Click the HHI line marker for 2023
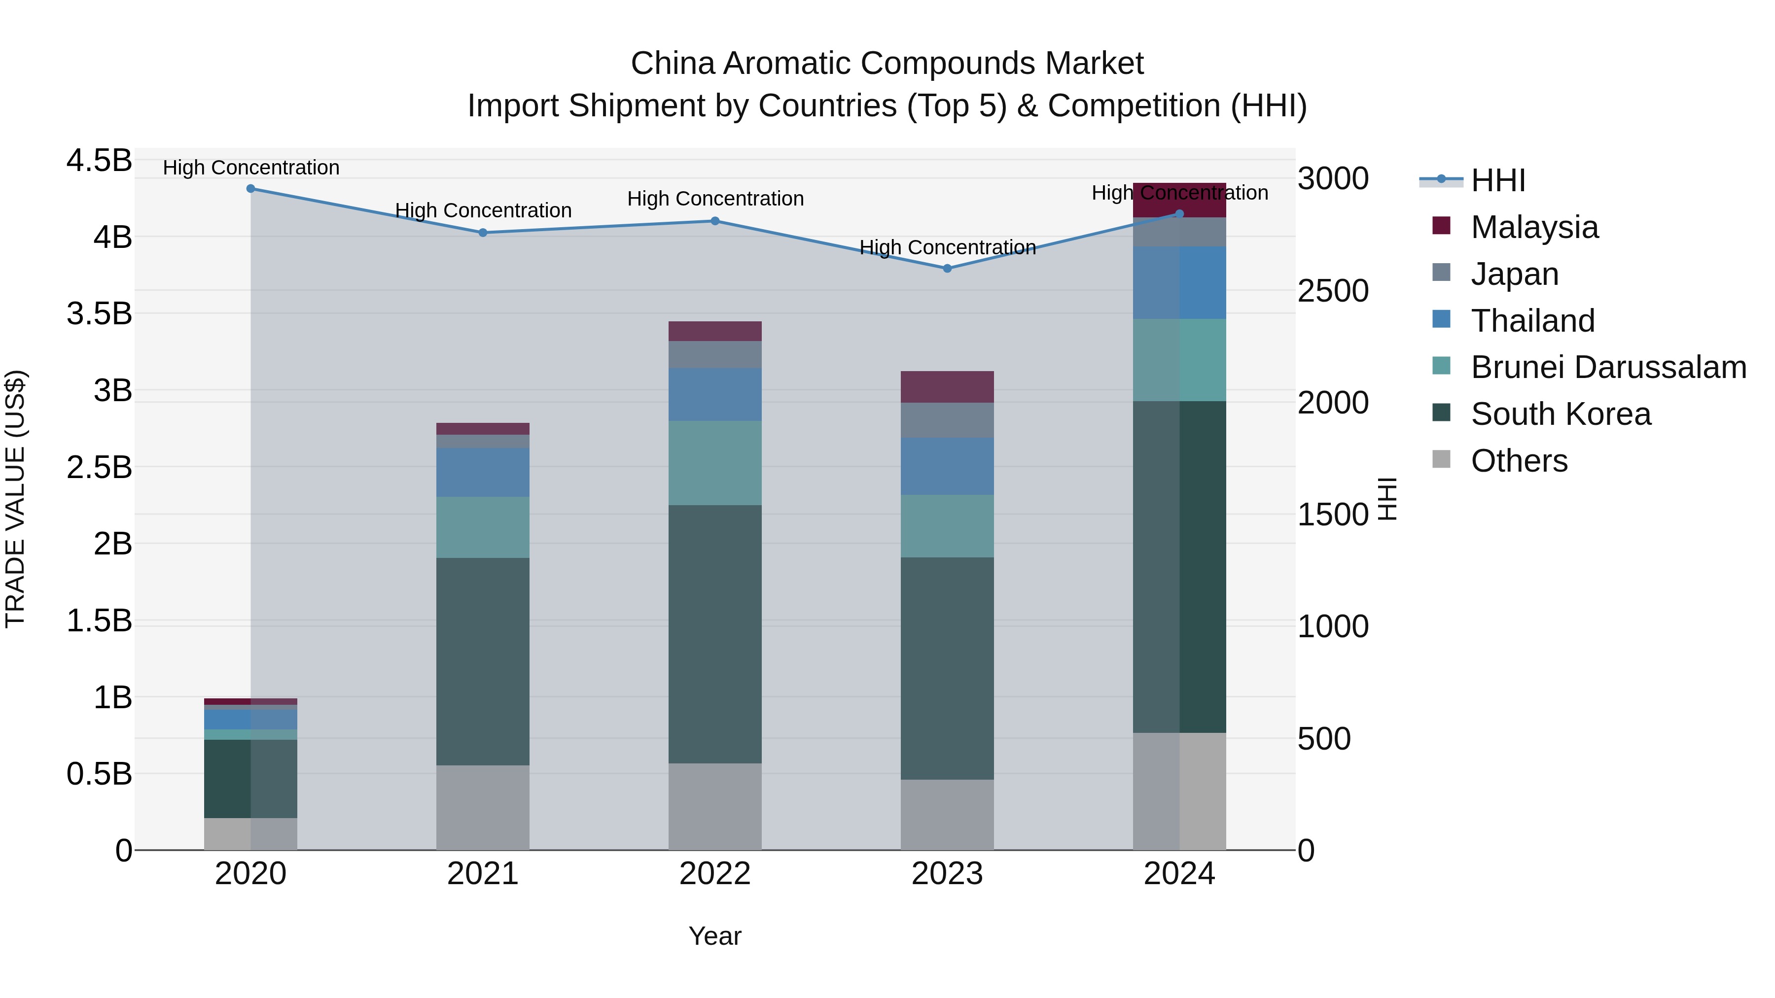947,269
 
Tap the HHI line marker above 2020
251,189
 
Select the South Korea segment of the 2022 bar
714,634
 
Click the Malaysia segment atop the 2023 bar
947,387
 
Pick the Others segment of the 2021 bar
482,807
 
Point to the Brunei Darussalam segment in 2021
482,527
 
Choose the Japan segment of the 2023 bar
947,420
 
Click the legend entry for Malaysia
1534,227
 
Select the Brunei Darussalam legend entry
1608,367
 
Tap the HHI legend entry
1497,180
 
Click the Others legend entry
1519,461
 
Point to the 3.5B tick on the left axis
99,313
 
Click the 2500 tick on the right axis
1333,291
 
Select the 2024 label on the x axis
1179,874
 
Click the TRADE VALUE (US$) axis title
15,499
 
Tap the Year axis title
714,936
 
